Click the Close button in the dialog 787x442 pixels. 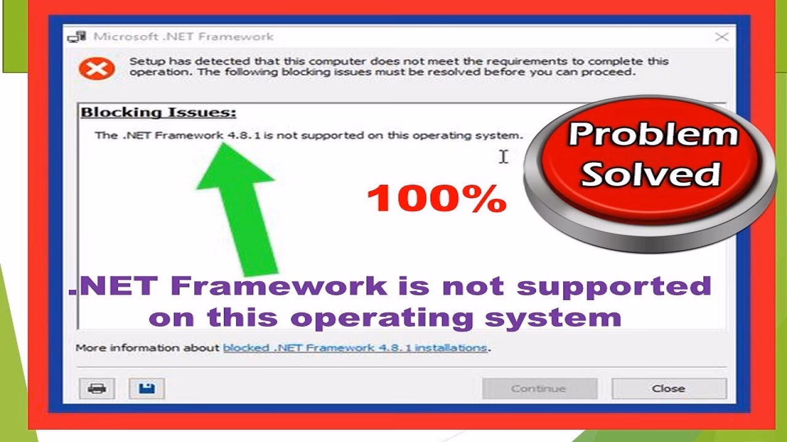coord(668,389)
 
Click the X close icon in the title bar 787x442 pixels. coord(722,37)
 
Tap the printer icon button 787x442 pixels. coord(97,389)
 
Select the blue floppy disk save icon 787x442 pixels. coord(146,389)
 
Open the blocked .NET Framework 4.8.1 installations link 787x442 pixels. coord(355,348)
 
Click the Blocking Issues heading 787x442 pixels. coord(159,113)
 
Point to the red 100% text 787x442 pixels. coord(437,199)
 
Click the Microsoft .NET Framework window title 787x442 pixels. coord(183,37)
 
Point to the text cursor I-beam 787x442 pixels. coord(504,157)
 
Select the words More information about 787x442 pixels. coord(147,348)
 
